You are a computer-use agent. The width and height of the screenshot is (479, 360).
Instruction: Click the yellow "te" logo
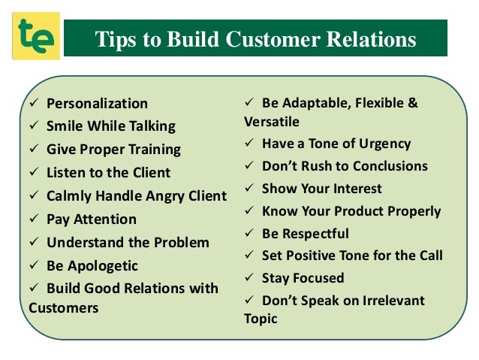tap(35, 36)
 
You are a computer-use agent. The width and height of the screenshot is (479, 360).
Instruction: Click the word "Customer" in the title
tap(256, 39)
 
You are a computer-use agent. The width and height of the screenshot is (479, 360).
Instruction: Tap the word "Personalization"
tap(97, 104)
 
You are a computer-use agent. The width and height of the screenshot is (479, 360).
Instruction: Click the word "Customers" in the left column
tap(64, 307)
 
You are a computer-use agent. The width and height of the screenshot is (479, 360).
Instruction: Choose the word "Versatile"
tap(272, 121)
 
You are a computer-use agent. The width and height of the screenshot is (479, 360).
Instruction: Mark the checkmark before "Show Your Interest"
tap(250, 189)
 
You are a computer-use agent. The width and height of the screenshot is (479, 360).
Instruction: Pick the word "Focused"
tap(318, 278)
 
